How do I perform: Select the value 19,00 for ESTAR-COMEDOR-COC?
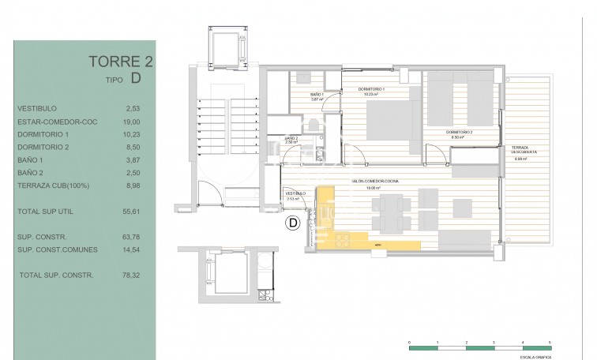click(x=131, y=122)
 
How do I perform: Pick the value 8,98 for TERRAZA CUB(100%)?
click(x=131, y=185)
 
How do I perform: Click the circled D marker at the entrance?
click(x=292, y=224)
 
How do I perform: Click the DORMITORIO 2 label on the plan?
click(x=459, y=133)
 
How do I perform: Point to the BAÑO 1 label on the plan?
click(x=317, y=95)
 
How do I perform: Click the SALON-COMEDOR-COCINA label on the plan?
click(x=376, y=182)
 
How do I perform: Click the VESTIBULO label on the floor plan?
click(x=295, y=193)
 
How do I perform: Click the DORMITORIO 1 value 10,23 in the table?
click(x=131, y=134)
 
